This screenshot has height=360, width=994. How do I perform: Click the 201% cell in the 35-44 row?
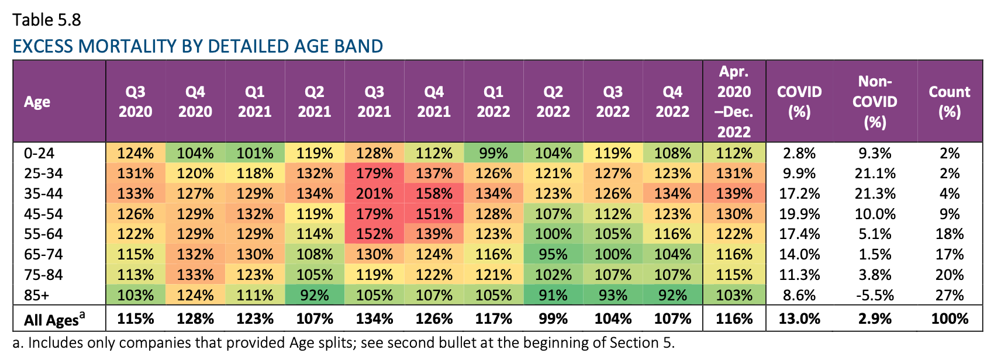(374, 194)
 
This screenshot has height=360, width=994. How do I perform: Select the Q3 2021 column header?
(374, 102)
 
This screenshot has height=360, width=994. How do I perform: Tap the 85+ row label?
(36, 295)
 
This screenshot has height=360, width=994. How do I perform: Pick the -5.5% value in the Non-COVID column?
(874, 295)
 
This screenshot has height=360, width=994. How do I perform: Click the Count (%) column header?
(949, 102)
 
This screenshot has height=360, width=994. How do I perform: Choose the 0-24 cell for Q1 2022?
(493, 154)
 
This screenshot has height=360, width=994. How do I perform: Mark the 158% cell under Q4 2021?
(434, 194)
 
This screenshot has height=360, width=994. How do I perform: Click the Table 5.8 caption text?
(47, 20)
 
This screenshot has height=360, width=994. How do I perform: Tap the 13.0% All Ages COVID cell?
(799, 319)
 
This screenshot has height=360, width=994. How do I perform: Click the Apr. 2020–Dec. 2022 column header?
(734, 102)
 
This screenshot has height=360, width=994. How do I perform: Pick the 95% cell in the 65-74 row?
(553, 255)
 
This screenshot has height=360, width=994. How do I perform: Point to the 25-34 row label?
(43, 174)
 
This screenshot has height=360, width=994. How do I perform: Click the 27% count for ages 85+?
(949, 295)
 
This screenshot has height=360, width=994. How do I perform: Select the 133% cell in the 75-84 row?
(195, 275)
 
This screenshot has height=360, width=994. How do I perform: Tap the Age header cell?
(37, 102)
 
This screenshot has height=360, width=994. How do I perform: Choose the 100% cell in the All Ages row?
(949, 319)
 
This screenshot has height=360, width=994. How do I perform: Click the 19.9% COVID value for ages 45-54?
(799, 214)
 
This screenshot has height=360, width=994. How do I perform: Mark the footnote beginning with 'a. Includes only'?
(343, 343)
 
